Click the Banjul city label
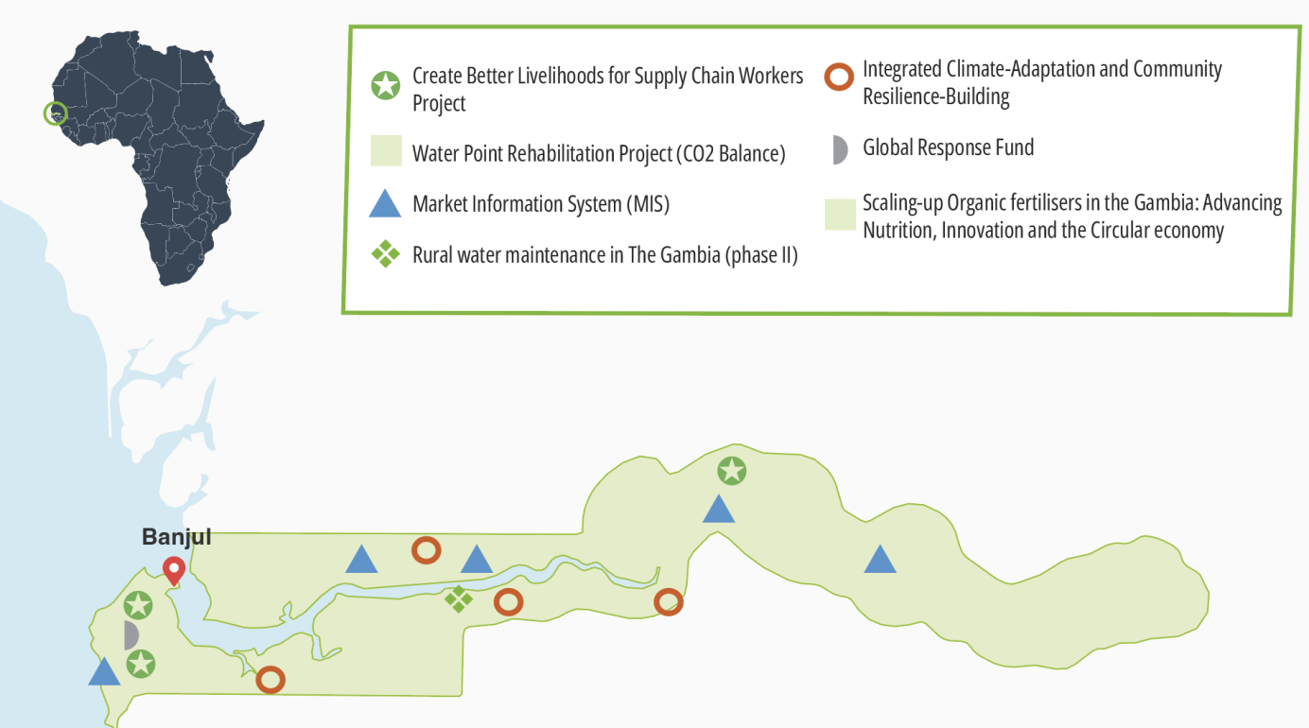coord(177,537)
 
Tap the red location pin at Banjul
coord(174,570)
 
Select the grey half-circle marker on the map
coord(131,635)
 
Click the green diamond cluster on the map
coord(459,598)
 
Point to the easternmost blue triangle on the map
coord(880,559)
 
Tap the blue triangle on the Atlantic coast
coord(104,671)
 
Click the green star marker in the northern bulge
coord(732,471)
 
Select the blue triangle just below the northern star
coord(719,509)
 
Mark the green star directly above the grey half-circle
coord(138,605)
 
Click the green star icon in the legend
coord(386,85)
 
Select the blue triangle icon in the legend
coord(385,204)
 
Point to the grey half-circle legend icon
coord(840,150)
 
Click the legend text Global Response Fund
coord(949,147)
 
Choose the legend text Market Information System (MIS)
coord(541,204)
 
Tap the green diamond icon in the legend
coord(386,254)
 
